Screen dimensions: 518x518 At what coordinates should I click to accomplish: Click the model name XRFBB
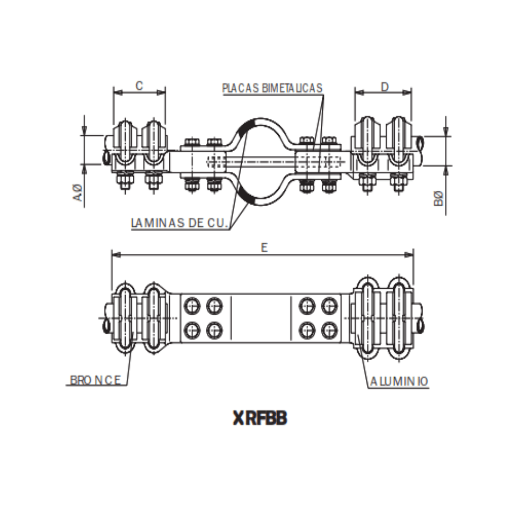tap(259, 418)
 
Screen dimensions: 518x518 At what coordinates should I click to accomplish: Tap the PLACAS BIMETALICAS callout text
tap(272, 88)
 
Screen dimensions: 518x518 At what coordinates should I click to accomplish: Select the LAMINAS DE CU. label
tap(180, 223)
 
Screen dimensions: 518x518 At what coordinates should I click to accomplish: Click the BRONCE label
tap(95, 380)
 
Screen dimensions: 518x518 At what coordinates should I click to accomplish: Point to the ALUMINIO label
tap(399, 381)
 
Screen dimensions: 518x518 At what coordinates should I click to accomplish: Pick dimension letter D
tap(384, 86)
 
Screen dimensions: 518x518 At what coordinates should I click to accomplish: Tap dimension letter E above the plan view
tap(263, 247)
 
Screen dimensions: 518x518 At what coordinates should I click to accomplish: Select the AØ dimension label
tap(80, 194)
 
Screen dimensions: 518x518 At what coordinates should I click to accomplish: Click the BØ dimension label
tap(438, 199)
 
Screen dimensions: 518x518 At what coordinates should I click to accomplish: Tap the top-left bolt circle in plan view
tap(192, 305)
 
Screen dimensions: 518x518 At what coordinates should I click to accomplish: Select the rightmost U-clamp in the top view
tap(399, 141)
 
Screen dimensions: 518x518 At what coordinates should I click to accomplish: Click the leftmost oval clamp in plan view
tap(124, 318)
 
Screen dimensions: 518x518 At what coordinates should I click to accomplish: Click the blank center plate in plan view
tap(261, 318)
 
